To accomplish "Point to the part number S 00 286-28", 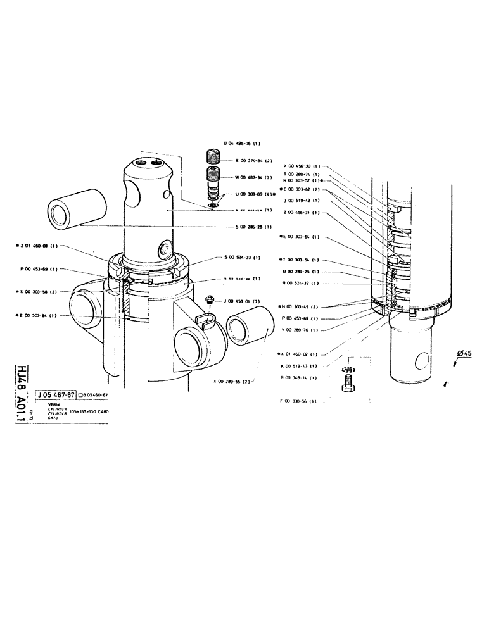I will click(249, 226).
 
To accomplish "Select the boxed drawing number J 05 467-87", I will click(56, 394).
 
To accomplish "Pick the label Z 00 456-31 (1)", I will click(301, 213).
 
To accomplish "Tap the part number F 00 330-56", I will click(298, 401).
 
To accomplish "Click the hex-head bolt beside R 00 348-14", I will click(347, 384).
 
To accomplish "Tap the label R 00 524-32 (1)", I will click(301, 283).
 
